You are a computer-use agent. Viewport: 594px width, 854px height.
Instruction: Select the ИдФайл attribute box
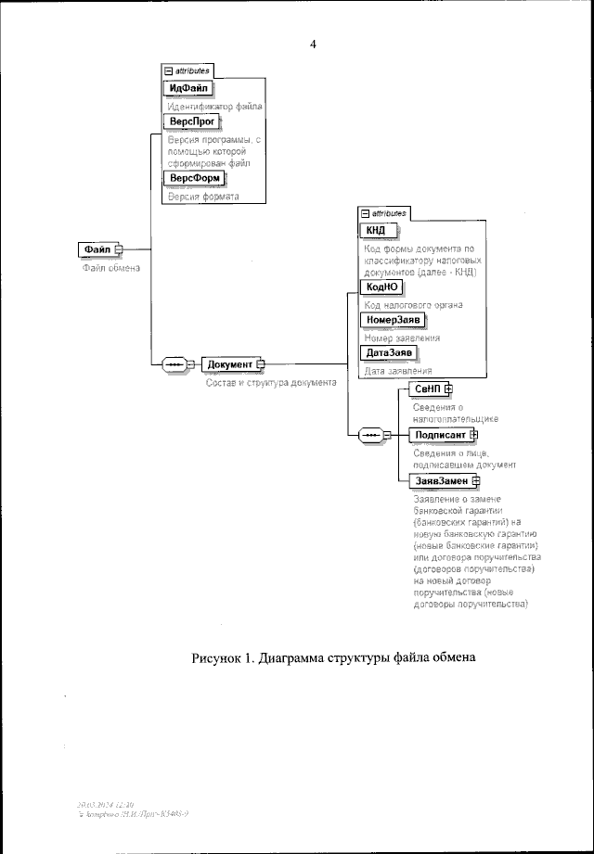click(188, 88)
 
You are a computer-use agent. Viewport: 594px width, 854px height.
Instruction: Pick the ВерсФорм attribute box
click(194, 177)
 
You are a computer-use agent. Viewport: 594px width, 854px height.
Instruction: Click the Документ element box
click(228, 364)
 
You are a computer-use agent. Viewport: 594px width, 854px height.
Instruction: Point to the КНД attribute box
click(376, 230)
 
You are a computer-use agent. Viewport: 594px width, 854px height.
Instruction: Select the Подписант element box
click(440, 434)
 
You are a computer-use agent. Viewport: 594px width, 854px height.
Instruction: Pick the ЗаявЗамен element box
click(441, 480)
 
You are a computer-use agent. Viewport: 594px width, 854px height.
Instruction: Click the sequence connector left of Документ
click(174, 364)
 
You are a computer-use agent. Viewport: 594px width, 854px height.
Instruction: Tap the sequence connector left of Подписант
click(369, 434)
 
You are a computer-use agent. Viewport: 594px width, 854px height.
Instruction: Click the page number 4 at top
click(314, 44)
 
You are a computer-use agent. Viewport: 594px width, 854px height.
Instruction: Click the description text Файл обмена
click(110, 270)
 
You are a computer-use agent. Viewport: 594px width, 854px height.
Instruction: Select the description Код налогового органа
click(412, 304)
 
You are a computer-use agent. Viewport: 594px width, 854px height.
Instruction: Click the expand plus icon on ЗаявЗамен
click(476, 480)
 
